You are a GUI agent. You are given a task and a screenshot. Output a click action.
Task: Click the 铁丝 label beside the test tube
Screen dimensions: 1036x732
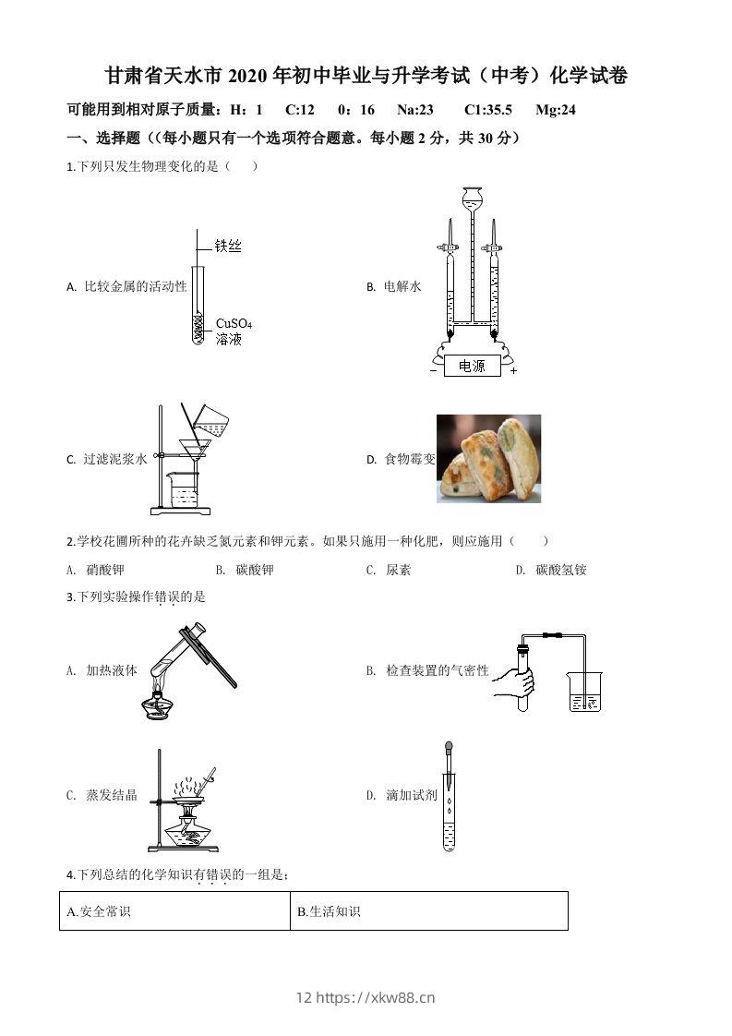tap(228, 246)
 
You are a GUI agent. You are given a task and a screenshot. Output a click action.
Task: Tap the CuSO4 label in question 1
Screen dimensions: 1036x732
tap(234, 324)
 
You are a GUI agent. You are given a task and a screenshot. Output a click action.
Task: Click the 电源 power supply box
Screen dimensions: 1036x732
tap(471, 366)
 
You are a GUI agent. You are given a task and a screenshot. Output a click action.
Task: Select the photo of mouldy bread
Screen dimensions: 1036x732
tap(488, 459)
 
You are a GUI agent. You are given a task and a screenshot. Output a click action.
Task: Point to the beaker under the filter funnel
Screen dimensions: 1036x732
tap(185, 488)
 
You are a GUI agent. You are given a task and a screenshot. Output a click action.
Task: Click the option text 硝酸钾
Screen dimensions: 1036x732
tap(104, 570)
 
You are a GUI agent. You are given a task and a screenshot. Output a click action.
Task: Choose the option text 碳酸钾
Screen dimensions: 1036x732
tap(255, 570)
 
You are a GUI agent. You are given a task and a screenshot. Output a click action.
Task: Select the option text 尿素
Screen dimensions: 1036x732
tap(399, 570)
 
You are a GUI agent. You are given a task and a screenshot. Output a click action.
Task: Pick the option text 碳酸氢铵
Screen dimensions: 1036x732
tap(561, 570)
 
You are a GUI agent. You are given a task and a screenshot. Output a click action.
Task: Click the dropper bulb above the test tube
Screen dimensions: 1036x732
tap(449, 747)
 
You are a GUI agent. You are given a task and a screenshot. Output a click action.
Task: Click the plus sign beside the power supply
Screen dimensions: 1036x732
tap(513, 370)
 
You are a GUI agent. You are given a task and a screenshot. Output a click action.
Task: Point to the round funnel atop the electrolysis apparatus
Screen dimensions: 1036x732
tap(472, 197)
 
